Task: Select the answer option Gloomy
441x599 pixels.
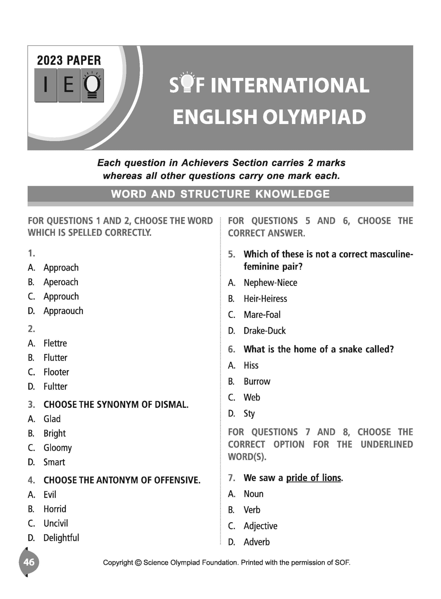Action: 57,448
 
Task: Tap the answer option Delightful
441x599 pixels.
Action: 61,538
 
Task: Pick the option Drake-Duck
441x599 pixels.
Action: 264,331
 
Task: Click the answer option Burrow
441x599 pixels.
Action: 257,381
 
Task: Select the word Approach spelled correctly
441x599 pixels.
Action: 61,268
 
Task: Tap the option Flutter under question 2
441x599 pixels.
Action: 55,358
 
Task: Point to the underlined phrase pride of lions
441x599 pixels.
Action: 313,478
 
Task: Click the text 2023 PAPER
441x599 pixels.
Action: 69,61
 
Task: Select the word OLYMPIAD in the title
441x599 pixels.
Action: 314,117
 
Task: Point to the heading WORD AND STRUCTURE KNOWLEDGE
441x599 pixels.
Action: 220,194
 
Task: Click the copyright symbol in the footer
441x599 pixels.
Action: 138,563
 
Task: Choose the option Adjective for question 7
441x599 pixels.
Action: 260,526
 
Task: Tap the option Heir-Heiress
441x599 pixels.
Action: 265,299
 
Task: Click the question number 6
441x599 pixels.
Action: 231,349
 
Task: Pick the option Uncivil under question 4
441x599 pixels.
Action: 55,523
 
